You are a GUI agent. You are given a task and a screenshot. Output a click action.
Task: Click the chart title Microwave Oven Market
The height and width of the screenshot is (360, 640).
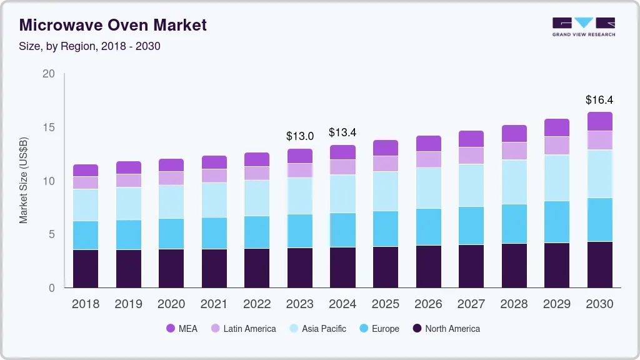(x=112, y=25)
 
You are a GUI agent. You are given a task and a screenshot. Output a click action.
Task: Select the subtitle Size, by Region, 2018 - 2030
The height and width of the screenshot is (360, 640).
(x=90, y=46)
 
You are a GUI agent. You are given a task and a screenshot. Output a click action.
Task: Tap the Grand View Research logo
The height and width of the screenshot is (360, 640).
(x=583, y=27)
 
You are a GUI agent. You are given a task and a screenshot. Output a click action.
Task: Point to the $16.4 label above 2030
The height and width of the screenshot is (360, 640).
(x=599, y=100)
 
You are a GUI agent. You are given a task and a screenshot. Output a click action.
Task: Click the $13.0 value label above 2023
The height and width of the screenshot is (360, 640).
(x=300, y=136)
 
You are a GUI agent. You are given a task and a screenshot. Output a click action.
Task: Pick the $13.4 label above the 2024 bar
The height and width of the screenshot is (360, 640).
(x=342, y=132)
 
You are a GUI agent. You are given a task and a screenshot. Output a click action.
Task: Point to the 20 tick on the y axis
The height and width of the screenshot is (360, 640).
(x=48, y=74)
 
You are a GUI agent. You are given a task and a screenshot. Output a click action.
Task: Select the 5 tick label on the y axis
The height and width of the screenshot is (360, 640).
(x=51, y=234)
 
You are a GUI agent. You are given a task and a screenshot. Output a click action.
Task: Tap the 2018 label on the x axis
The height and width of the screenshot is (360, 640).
(x=86, y=304)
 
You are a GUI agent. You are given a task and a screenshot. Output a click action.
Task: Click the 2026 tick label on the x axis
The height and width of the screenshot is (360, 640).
(x=428, y=304)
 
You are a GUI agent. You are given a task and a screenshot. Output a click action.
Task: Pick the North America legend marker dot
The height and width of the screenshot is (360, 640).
(x=415, y=328)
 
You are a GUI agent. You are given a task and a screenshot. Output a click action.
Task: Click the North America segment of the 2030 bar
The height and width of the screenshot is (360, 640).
(x=599, y=264)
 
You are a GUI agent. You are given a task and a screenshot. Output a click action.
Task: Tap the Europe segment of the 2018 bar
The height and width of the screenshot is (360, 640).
(x=86, y=235)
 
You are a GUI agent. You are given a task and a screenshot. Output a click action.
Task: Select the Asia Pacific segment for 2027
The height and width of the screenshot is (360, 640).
(x=471, y=185)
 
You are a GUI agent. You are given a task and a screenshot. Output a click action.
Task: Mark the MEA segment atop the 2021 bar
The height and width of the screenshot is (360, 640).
(x=214, y=162)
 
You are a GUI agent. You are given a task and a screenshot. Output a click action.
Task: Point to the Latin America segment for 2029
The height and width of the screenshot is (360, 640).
(x=556, y=145)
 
